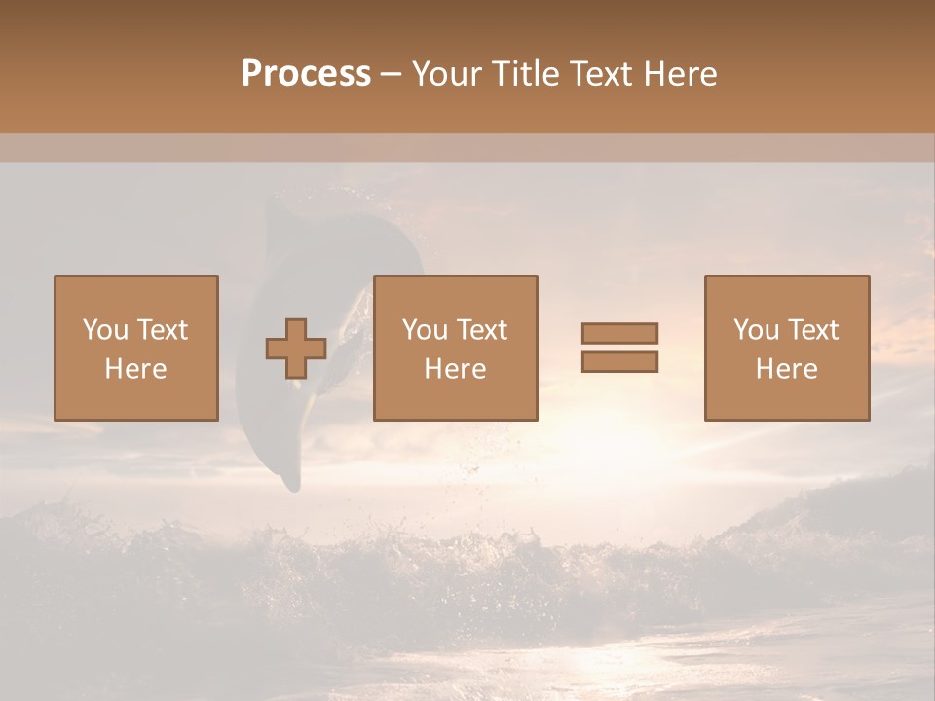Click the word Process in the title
[306, 74]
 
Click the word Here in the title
[684, 74]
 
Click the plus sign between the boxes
[296, 349]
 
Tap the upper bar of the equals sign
[619, 333]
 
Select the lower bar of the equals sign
[619, 362]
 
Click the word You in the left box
[104, 330]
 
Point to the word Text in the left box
[162, 330]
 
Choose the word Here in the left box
[135, 369]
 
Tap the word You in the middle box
[425, 330]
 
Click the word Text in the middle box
[481, 330]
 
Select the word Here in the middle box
[455, 369]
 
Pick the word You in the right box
[756, 330]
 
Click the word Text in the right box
[812, 330]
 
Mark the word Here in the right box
[786, 369]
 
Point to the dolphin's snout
[290, 482]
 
